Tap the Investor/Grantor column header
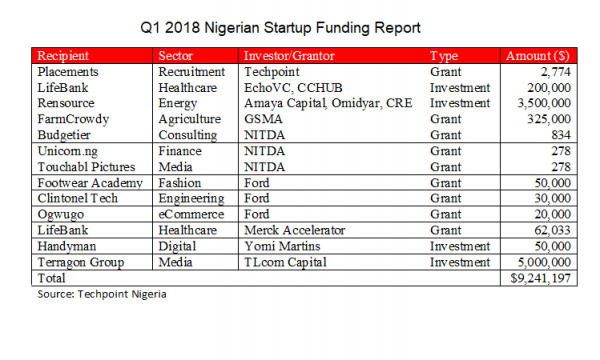pos(291,57)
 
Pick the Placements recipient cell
pos(68,73)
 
